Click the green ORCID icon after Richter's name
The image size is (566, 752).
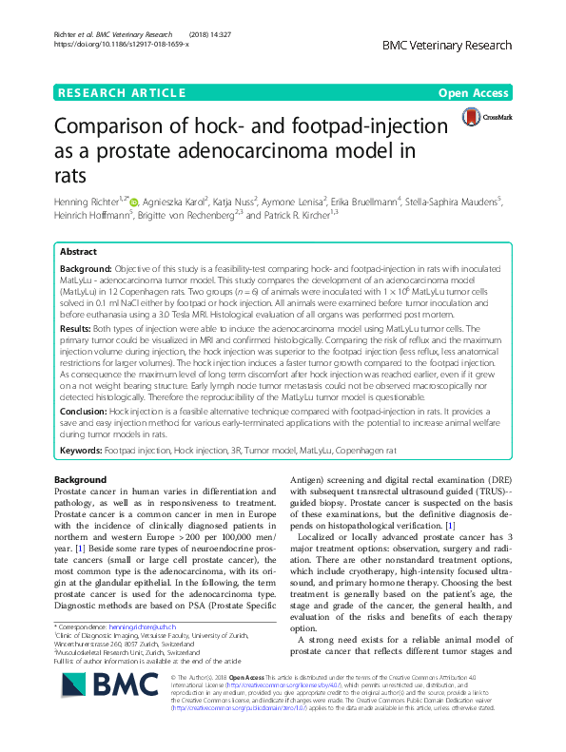(x=134, y=202)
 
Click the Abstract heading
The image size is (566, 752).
(x=78, y=252)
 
